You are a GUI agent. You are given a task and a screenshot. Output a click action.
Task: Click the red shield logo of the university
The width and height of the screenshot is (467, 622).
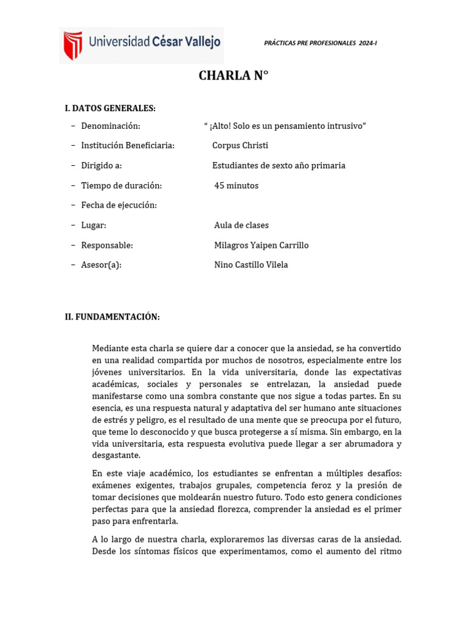[73, 45]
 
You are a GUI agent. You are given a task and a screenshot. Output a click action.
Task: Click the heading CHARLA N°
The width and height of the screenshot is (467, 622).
[233, 76]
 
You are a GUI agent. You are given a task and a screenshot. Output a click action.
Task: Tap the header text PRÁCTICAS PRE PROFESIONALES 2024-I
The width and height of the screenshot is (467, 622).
[320, 43]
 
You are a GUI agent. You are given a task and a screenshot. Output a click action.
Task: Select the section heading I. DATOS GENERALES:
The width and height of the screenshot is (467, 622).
[110, 108]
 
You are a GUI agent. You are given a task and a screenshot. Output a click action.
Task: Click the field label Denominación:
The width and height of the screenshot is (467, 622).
[111, 126]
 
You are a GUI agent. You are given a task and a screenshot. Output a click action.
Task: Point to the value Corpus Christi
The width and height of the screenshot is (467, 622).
[240, 146]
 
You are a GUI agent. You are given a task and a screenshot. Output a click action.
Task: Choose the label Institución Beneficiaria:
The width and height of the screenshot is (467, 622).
[128, 146]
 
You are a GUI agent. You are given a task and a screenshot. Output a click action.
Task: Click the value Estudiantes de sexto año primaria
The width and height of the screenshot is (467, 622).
[278, 166]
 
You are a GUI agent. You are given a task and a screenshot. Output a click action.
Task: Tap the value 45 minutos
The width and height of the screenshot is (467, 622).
[237, 186]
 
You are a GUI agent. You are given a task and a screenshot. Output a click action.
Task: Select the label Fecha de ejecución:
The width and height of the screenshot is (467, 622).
[119, 205]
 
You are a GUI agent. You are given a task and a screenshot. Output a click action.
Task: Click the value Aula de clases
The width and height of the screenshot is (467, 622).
[241, 225]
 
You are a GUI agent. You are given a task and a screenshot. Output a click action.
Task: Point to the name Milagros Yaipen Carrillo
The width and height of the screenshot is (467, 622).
[261, 245]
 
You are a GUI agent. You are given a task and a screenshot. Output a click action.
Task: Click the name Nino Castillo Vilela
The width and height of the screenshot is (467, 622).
[251, 265]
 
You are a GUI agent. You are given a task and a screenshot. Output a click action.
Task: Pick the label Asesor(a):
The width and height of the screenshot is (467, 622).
[101, 265]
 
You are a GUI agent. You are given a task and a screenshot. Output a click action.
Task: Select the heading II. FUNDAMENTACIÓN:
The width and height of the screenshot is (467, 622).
[112, 317]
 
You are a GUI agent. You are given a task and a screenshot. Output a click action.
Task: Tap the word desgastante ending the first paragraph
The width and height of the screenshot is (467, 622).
[116, 455]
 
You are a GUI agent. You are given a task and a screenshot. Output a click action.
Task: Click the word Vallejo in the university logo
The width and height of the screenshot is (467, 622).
[199, 43]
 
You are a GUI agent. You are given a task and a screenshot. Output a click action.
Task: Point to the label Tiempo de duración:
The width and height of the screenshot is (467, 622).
[122, 186]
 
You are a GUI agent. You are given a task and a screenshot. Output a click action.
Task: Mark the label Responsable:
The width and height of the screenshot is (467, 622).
[107, 245]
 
